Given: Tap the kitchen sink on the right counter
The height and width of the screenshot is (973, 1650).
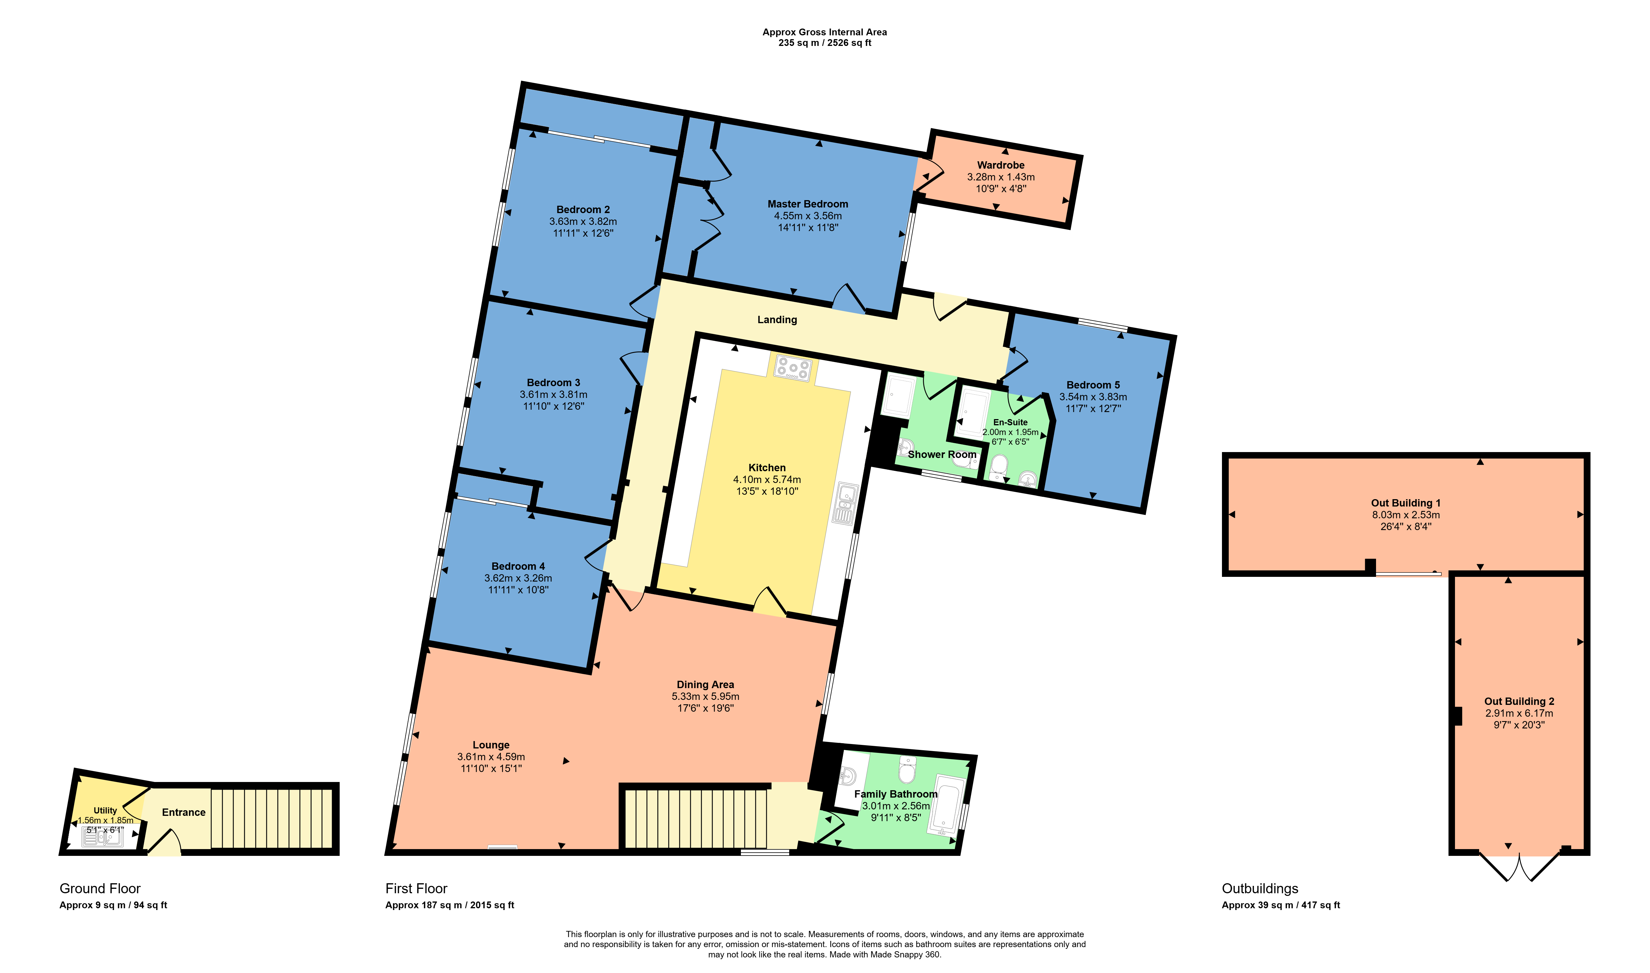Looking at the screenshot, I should [844, 504].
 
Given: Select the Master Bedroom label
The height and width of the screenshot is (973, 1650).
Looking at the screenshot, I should [807, 204].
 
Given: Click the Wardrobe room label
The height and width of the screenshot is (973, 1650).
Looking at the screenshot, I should [1000, 165].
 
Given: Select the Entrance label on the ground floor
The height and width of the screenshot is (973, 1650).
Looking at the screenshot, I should [184, 812].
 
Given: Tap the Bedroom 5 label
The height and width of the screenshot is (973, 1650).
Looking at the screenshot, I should [1093, 385].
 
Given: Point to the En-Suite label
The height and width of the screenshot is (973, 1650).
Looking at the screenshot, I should [1010, 422].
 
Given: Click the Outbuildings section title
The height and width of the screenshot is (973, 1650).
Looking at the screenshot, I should [1260, 889].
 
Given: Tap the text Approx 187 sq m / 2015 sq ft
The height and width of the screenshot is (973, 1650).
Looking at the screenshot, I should [450, 905].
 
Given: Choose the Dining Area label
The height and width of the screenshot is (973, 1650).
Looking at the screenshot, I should [705, 685].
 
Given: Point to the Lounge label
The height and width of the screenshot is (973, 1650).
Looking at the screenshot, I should [491, 745].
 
